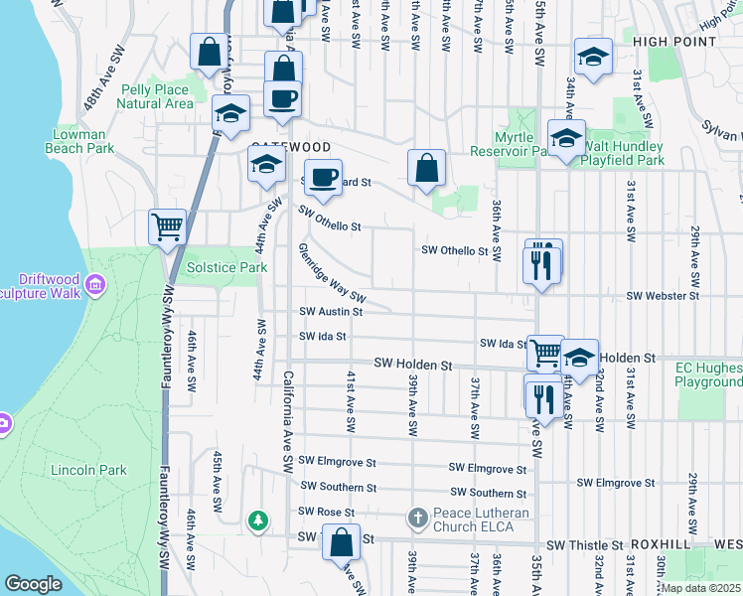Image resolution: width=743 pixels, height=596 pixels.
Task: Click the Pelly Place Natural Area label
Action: [x=156, y=96]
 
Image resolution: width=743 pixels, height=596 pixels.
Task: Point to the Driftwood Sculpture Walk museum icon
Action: [x=95, y=286]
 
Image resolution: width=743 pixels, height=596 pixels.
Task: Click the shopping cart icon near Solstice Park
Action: [x=167, y=226]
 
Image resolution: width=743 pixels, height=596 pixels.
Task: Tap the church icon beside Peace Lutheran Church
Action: [x=418, y=518]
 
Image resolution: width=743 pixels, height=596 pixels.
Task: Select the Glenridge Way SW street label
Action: [x=332, y=276]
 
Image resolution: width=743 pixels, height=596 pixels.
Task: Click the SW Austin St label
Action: [x=331, y=311]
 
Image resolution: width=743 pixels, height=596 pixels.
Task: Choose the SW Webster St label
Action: [x=663, y=296]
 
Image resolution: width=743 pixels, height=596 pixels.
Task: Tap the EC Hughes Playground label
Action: [x=709, y=374]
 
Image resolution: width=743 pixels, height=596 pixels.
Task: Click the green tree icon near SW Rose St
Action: [x=258, y=520]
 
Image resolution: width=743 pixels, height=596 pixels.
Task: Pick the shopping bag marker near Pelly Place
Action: [x=210, y=54]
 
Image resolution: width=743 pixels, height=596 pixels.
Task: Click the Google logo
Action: [x=33, y=584]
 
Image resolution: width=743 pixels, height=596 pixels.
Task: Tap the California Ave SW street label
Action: [x=288, y=421]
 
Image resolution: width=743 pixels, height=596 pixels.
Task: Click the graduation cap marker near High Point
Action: [x=593, y=61]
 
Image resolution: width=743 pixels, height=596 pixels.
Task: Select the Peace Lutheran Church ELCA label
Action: [x=481, y=520]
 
